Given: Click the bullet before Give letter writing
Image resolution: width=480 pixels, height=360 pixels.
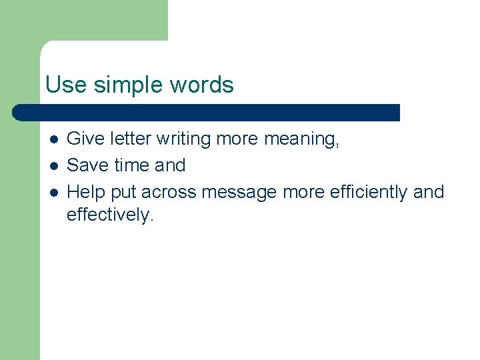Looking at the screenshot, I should point(53,139).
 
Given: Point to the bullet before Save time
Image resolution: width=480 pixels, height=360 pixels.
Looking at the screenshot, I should point(53,165).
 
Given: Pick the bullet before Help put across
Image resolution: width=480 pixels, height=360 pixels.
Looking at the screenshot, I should point(53,192).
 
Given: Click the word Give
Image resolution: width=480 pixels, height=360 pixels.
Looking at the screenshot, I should point(85,139).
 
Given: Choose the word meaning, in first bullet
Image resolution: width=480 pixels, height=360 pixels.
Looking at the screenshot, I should point(302,139).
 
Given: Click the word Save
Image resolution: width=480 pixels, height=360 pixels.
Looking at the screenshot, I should point(87,165).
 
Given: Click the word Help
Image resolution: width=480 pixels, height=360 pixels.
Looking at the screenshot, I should point(87,192).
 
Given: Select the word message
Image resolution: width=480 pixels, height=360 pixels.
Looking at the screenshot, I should point(239,192).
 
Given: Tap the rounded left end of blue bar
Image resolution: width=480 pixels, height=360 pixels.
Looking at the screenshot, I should point(18,112).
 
